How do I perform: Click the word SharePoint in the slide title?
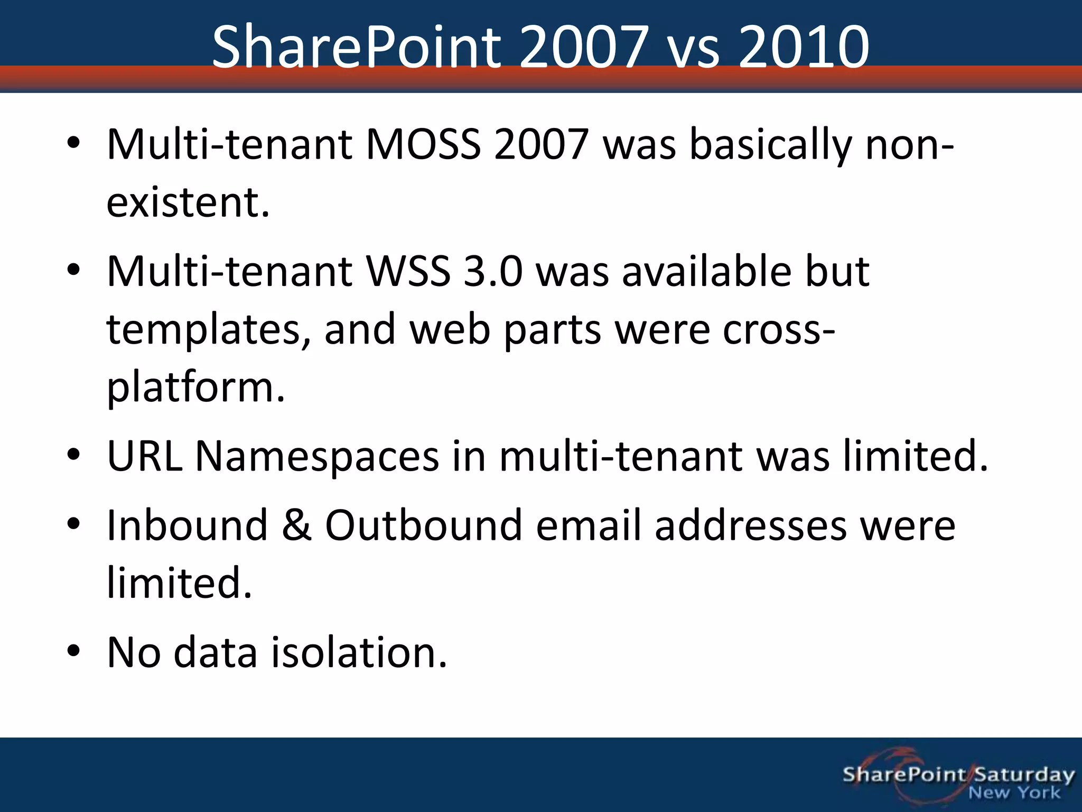coord(357,48)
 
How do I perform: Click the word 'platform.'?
coord(195,387)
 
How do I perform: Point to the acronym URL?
coord(144,456)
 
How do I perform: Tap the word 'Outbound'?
coord(423,525)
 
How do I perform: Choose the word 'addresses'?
coord(750,525)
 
